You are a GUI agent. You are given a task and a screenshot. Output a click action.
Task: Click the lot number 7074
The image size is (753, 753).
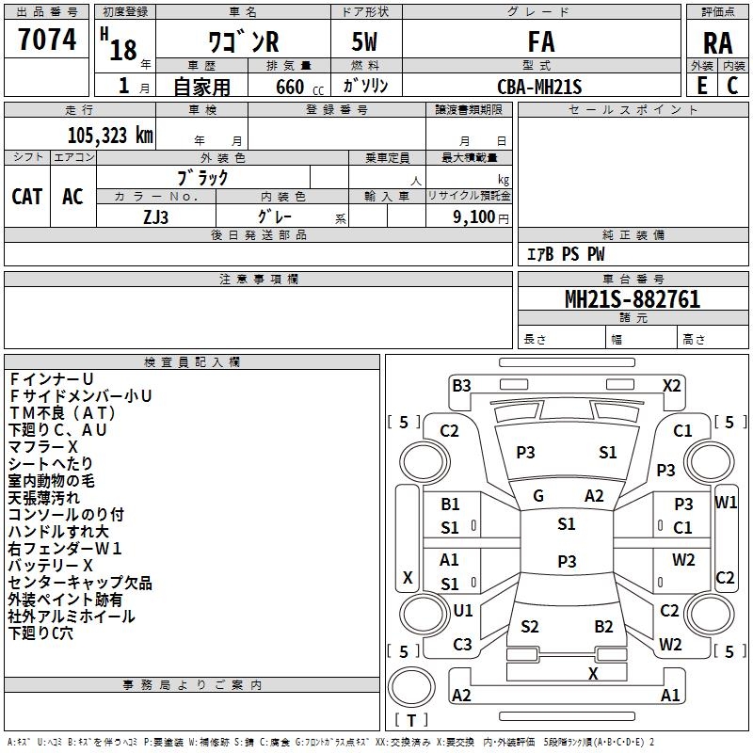(x=47, y=40)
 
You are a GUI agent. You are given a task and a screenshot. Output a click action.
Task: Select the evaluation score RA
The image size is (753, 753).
(x=717, y=43)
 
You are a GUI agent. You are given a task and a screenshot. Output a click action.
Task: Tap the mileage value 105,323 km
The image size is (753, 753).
(x=110, y=136)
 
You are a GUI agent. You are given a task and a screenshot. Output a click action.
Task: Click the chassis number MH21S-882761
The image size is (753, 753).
(x=633, y=299)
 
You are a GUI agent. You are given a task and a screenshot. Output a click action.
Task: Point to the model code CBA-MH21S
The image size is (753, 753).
(x=539, y=87)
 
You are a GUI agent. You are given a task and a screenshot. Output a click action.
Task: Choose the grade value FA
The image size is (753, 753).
(x=541, y=41)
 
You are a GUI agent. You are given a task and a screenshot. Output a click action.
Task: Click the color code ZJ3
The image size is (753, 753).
(x=155, y=217)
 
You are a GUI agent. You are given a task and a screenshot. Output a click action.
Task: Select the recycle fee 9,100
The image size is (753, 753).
(x=473, y=217)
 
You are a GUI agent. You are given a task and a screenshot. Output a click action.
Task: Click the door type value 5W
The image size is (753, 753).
(x=364, y=41)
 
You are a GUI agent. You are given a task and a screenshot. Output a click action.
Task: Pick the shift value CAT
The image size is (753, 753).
(x=27, y=197)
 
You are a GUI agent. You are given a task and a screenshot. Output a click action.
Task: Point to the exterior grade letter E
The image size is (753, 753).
(x=701, y=86)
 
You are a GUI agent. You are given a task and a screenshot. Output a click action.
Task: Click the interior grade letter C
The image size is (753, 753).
(x=732, y=86)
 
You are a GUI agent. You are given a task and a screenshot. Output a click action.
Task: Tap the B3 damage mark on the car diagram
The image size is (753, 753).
(x=461, y=386)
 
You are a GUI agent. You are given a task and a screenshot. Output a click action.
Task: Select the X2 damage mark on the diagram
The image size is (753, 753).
(x=671, y=386)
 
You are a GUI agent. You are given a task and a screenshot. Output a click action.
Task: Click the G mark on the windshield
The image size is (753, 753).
(x=538, y=496)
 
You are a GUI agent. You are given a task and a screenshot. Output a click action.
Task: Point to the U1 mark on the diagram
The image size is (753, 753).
(x=463, y=610)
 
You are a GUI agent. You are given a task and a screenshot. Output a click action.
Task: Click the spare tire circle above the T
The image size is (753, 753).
(x=411, y=687)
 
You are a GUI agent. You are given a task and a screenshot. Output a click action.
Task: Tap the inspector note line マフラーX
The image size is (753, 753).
(x=42, y=446)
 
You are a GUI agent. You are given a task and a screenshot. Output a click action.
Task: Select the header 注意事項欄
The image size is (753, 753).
(x=259, y=279)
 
